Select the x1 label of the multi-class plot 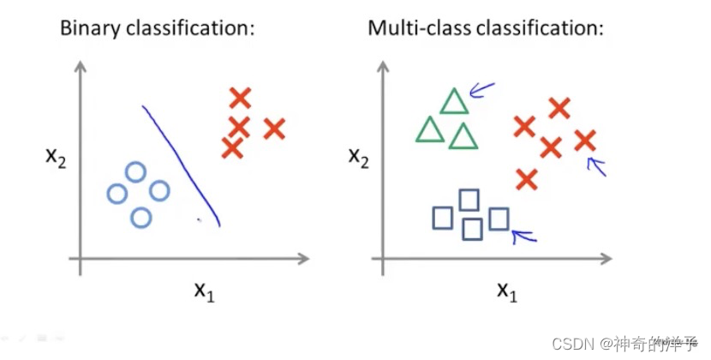tap(506, 291)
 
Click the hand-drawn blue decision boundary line tap(182, 163)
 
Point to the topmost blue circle tap(134, 172)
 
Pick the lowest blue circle tap(141, 218)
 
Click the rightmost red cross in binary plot tap(274, 129)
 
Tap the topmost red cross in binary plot tap(241, 98)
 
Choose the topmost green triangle tap(454, 102)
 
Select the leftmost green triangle tap(430, 130)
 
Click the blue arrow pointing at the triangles tap(482, 89)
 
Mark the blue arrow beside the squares tap(522, 232)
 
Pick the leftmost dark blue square tap(442, 219)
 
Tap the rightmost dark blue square tap(499, 219)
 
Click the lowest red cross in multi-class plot tap(527, 179)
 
